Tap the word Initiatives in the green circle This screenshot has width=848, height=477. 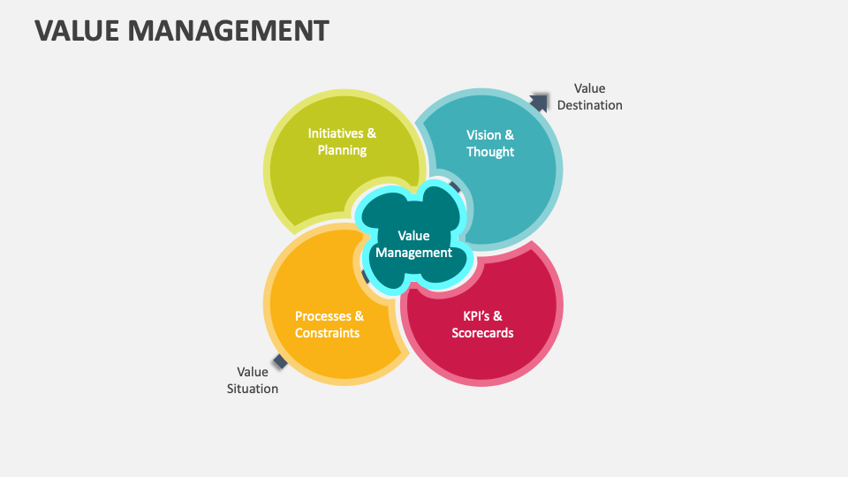click(336, 133)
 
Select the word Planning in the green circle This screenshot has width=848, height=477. click(342, 150)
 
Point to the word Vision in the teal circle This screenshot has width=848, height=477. click(483, 135)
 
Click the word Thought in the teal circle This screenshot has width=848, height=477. click(490, 152)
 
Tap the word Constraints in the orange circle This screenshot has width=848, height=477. click(328, 333)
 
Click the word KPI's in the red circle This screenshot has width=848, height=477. click(478, 316)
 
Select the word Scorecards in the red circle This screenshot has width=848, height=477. click(482, 333)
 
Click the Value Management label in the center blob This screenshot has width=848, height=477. click(413, 244)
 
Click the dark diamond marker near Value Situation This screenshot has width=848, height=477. click(281, 360)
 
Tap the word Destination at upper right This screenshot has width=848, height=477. click(590, 105)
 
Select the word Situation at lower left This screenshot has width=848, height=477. click(253, 389)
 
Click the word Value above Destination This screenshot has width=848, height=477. click(590, 88)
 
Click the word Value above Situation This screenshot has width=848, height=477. click(253, 372)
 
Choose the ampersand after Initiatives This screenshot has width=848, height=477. click(371, 133)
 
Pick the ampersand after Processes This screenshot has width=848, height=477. click(359, 316)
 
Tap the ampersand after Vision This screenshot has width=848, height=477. click(509, 135)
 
